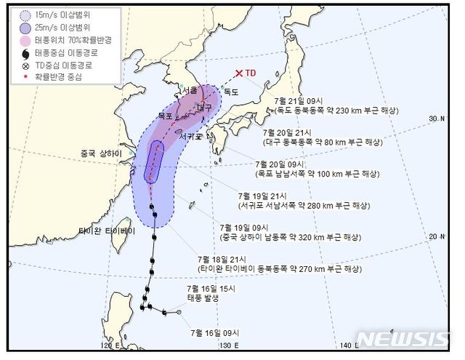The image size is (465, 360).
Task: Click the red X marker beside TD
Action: [x=239, y=73]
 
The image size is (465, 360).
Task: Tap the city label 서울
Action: [x=190, y=91]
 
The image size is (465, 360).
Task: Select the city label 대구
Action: [x=204, y=106]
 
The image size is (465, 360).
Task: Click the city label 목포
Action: [x=166, y=115]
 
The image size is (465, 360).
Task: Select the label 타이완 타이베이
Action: [x=106, y=231]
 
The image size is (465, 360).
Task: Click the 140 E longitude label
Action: [x=349, y=345]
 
